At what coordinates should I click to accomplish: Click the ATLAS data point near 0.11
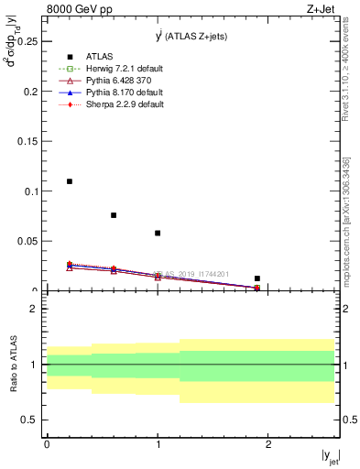(x=70, y=181)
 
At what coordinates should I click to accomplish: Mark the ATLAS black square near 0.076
(x=114, y=215)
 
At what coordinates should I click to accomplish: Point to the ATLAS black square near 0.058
(x=158, y=233)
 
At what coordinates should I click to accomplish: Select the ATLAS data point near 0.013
(x=257, y=278)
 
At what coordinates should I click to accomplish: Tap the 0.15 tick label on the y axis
(x=27, y=141)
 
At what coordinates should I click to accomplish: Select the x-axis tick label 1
(x=158, y=443)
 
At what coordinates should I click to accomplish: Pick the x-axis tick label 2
(x=268, y=443)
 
